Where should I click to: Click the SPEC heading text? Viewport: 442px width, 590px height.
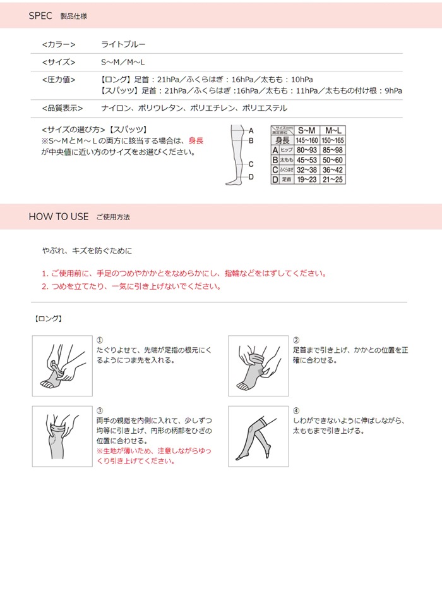pyautogui.click(x=40, y=16)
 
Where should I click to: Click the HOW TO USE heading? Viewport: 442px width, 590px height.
pyautogui.click(x=59, y=217)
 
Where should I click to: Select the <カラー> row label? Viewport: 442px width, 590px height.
pyautogui.click(x=59, y=45)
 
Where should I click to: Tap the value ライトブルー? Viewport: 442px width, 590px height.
pyautogui.click(x=123, y=45)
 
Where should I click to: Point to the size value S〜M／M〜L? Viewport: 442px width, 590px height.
pyautogui.click(x=123, y=62)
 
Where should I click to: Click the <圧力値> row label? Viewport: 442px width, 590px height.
pyautogui.click(x=59, y=80)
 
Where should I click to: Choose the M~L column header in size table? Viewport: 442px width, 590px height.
pyautogui.click(x=333, y=129)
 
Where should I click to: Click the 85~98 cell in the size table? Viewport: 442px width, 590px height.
pyautogui.click(x=333, y=150)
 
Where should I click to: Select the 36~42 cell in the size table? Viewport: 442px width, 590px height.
pyautogui.click(x=333, y=169)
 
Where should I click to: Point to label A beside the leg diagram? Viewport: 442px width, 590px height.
pyautogui.click(x=251, y=130)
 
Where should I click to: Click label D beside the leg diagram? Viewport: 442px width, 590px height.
pyautogui.click(x=251, y=177)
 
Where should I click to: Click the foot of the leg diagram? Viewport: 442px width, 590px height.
pyautogui.click(x=233, y=181)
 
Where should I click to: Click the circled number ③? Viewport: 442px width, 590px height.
pyautogui.click(x=99, y=410)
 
